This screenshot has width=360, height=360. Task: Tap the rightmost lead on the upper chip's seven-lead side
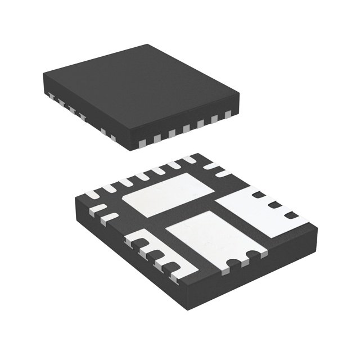(228, 115)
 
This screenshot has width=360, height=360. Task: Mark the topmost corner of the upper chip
(148, 45)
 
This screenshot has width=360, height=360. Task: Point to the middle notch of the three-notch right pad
(274, 205)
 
